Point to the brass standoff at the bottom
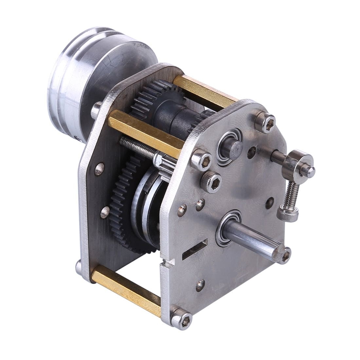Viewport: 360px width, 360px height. (126, 287)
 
